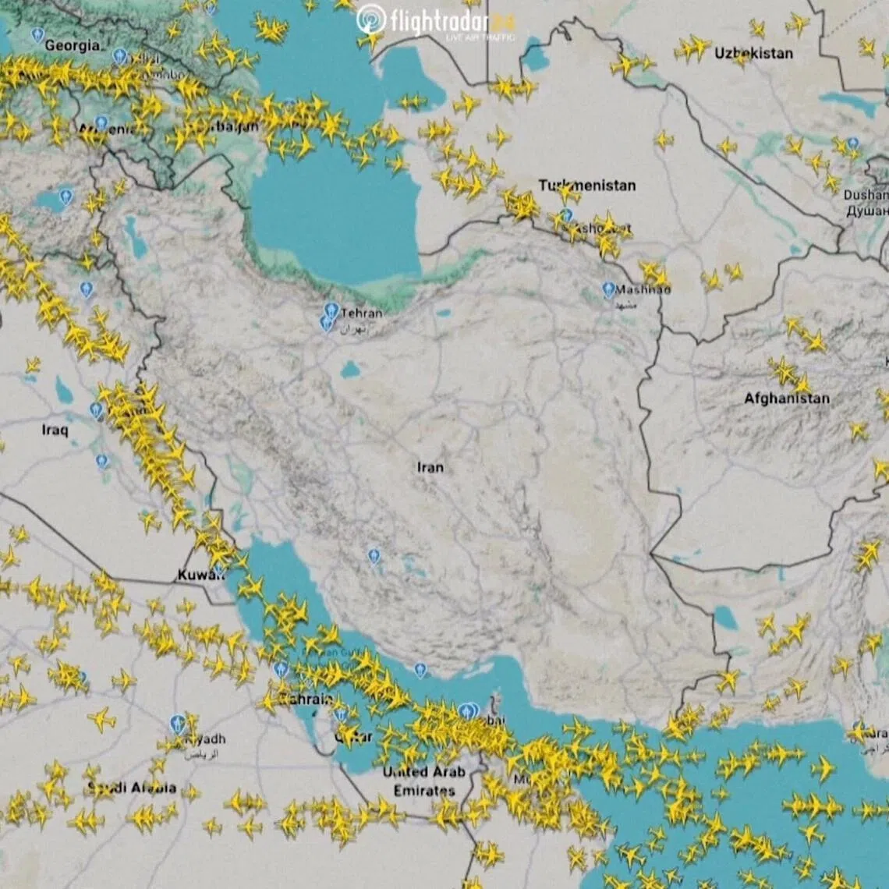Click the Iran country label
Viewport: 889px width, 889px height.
pyautogui.click(x=430, y=467)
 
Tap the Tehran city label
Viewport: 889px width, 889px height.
pyautogui.click(x=362, y=313)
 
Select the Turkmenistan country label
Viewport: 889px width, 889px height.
pyautogui.click(x=586, y=186)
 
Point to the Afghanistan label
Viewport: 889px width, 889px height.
pyautogui.click(x=786, y=398)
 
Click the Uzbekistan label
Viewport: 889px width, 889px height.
pyautogui.click(x=753, y=53)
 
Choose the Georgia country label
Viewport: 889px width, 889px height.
pyautogui.click(x=72, y=45)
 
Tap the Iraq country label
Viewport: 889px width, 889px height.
pyautogui.click(x=55, y=430)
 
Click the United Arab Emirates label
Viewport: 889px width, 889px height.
pyautogui.click(x=423, y=781)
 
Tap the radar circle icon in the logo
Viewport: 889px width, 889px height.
pyautogui.click(x=371, y=19)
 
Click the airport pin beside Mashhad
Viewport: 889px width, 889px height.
pyautogui.click(x=608, y=290)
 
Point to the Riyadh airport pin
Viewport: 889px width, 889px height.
pyautogui.click(x=178, y=724)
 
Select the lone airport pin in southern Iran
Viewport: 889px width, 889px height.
pyautogui.click(x=374, y=556)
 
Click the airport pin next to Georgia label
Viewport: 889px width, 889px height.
pyautogui.click(x=37, y=35)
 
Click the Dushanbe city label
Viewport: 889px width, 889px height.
pyautogui.click(x=866, y=195)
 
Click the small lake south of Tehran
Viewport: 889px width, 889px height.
pyautogui.click(x=350, y=370)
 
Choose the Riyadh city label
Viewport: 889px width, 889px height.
pyautogui.click(x=204, y=738)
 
